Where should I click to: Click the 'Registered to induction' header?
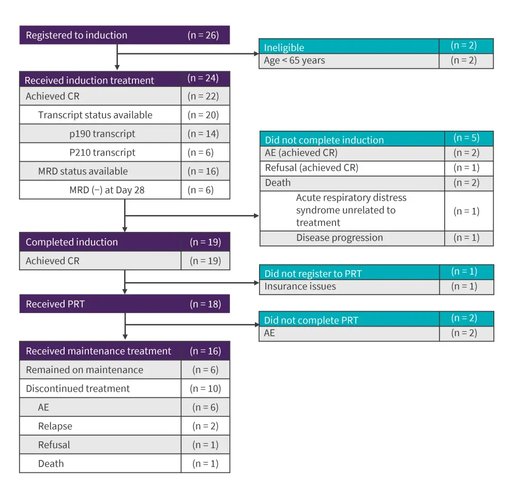(77, 35)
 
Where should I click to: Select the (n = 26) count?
(203, 35)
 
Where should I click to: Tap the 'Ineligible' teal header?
(284, 48)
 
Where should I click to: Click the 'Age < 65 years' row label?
(295, 60)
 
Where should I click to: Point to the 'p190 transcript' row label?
(102, 134)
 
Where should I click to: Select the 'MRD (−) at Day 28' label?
(107, 190)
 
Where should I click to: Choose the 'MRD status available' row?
(83, 171)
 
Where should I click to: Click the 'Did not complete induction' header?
(324, 140)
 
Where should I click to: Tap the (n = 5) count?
(466, 138)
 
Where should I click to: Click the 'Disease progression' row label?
(340, 238)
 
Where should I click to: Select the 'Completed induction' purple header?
(72, 242)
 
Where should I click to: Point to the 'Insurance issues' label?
(300, 286)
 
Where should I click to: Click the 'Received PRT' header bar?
(55, 304)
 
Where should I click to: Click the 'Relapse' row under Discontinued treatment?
(55, 426)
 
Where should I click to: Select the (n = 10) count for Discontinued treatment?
(205, 389)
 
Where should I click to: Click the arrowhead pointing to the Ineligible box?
(256, 53)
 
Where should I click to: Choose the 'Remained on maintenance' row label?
(85, 370)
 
